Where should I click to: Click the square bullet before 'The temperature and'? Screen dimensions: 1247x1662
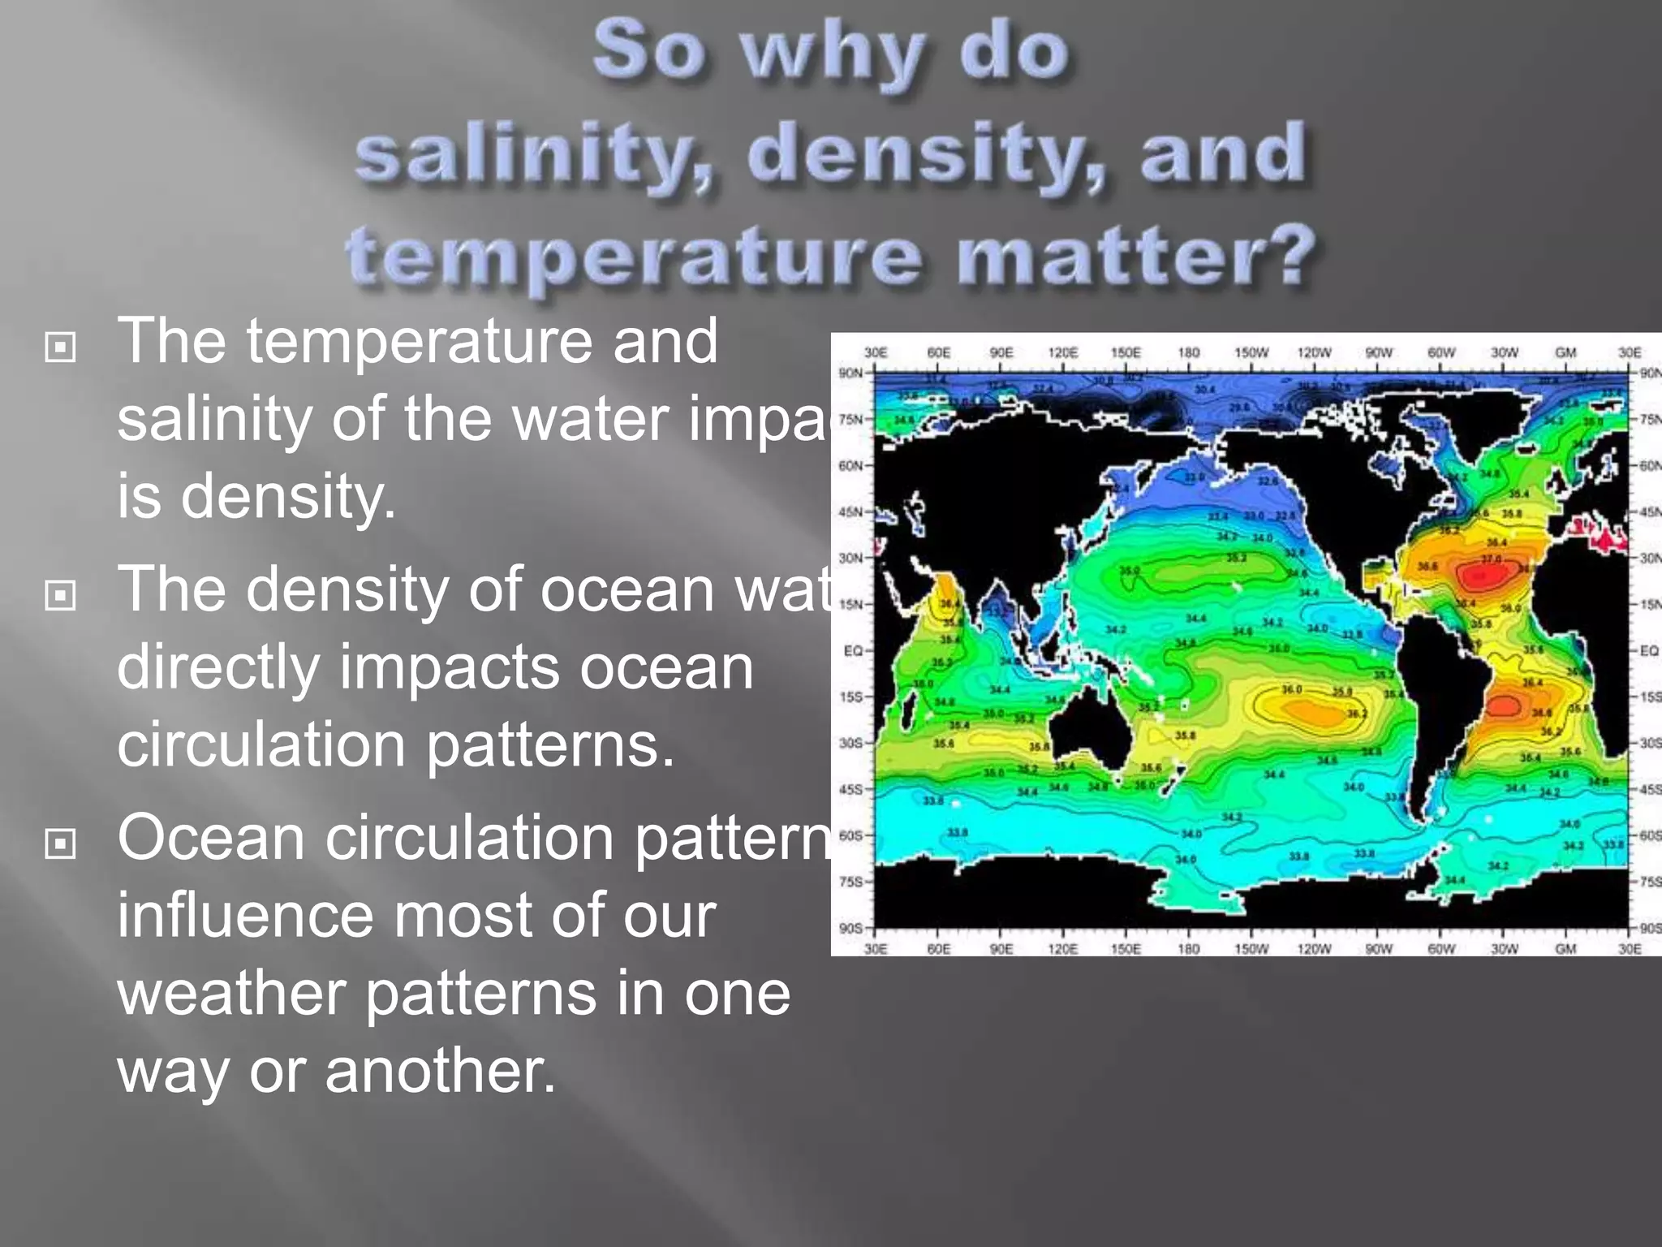(x=60, y=347)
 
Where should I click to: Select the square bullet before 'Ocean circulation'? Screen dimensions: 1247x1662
(x=60, y=844)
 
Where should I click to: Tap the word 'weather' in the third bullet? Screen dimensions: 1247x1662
(x=231, y=994)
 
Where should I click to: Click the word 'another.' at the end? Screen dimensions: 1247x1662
(x=440, y=1071)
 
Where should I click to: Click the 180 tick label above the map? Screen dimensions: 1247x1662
(x=1188, y=353)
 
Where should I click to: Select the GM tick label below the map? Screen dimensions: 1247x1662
(x=1565, y=948)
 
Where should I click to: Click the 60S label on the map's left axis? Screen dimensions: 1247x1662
(x=850, y=835)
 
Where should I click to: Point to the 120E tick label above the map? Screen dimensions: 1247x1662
(x=1062, y=353)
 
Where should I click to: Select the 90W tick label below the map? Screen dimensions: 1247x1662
(x=1378, y=948)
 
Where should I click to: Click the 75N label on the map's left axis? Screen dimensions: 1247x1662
(x=850, y=420)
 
